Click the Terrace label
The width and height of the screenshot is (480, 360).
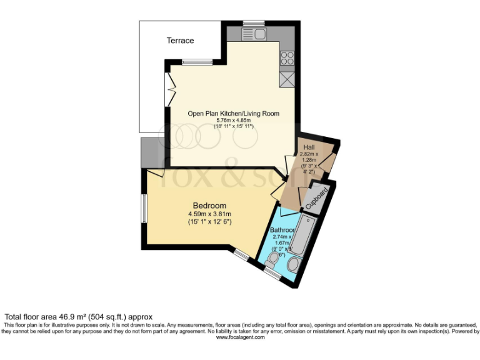(180, 41)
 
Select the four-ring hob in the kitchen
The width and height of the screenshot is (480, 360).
(287, 58)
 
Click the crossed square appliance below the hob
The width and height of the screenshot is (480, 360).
(287, 80)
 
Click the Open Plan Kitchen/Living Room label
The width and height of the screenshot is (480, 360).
(234, 113)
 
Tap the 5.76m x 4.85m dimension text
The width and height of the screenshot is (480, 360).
(234, 120)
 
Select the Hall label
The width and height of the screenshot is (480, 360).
(309, 147)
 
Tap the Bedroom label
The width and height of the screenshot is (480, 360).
(209, 206)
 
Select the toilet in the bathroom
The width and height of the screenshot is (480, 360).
(272, 258)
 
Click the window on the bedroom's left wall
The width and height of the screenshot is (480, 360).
(144, 207)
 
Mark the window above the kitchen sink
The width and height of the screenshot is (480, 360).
(254, 24)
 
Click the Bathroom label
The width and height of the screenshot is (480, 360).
(281, 230)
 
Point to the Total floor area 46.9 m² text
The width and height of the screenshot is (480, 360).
(79, 317)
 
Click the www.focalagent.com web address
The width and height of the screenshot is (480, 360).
(240, 337)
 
